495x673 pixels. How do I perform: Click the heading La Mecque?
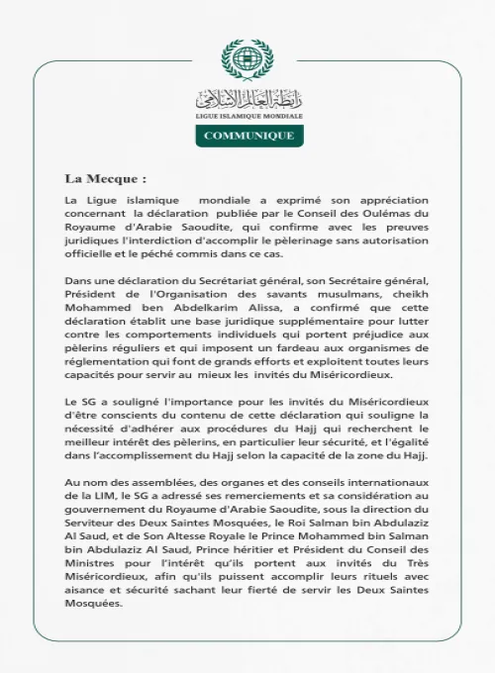(105, 179)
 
